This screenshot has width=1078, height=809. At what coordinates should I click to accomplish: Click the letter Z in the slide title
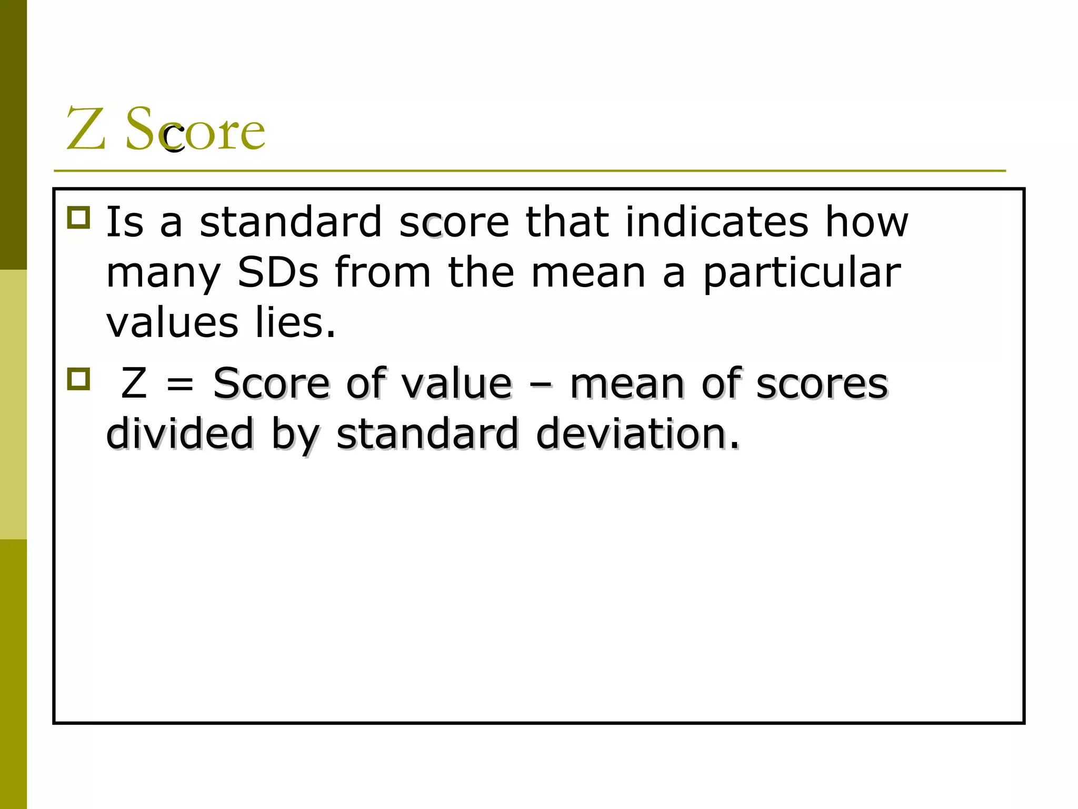(86, 129)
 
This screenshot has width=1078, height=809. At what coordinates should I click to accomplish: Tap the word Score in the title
(195, 129)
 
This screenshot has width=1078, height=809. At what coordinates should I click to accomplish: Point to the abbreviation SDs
(278, 273)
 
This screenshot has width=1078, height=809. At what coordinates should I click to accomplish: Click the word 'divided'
(180, 433)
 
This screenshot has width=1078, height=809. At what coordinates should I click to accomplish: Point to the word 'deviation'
(637, 433)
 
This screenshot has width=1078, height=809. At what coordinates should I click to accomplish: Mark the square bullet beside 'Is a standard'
(79, 217)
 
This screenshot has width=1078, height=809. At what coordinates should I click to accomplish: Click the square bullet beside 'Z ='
(79, 379)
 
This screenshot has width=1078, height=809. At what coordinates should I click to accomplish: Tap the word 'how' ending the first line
(866, 222)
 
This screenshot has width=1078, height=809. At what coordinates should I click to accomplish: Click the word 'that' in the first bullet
(567, 222)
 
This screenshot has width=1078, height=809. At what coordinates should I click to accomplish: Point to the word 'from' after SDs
(383, 273)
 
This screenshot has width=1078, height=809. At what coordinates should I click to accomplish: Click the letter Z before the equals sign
(134, 383)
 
